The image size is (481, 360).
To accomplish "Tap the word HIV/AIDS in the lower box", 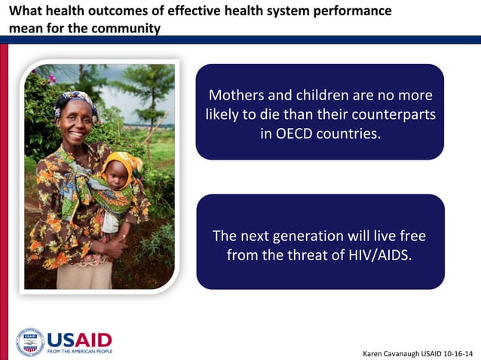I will point(377,255).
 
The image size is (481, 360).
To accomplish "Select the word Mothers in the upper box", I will point(238,96).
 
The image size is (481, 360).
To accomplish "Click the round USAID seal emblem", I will point(30,342).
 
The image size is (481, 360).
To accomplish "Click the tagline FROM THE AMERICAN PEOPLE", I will point(79,351).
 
